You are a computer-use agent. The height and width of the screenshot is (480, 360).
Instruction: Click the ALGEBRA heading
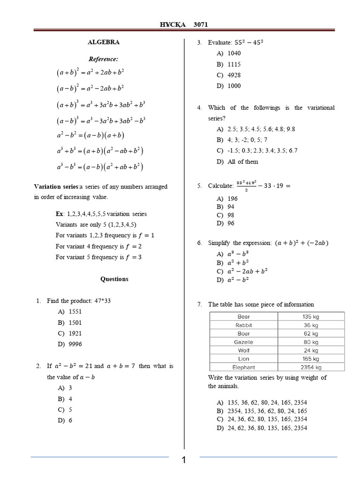(x=104, y=42)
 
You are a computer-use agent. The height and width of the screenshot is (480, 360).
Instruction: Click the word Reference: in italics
(x=104, y=59)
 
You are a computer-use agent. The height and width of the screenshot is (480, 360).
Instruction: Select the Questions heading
(x=114, y=279)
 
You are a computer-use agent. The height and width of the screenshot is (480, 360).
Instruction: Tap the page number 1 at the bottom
(x=184, y=460)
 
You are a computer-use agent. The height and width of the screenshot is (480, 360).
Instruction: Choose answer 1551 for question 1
(x=75, y=311)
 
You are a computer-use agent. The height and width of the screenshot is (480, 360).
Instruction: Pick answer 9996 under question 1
(x=75, y=344)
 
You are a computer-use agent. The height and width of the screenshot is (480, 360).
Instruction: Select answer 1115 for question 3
(x=234, y=64)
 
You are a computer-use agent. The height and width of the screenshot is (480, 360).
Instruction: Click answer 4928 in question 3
(x=234, y=75)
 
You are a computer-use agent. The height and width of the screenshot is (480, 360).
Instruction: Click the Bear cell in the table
(x=244, y=317)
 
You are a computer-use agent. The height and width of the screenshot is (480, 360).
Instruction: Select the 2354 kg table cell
(x=311, y=367)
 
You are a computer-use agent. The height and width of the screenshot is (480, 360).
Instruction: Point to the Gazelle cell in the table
(x=244, y=342)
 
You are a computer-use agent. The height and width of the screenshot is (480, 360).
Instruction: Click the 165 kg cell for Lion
(x=311, y=359)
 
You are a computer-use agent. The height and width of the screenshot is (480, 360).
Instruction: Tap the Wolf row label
(x=244, y=351)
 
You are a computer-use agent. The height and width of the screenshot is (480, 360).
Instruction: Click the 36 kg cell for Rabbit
(x=311, y=325)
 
